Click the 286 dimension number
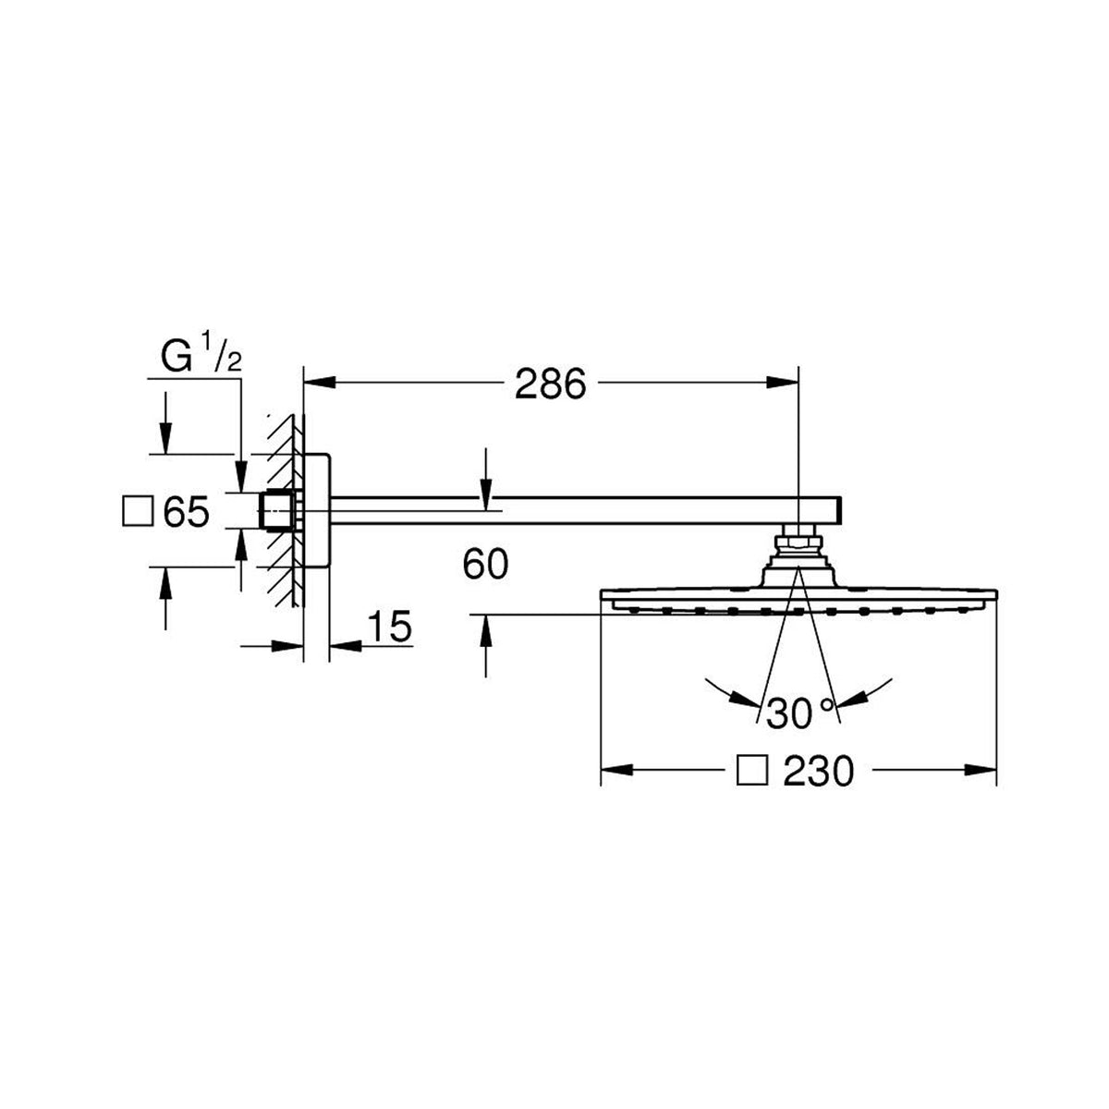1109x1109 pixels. (550, 384)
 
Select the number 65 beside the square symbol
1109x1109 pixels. (186, 512)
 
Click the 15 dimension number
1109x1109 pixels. (390, 626)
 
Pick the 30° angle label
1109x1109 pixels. (800, 713)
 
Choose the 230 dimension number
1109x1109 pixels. (819, 771)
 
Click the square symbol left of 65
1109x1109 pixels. (138, 512)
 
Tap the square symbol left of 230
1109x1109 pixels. (753, 771)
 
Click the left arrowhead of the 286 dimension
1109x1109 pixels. (320, 382)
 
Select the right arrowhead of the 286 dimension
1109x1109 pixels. (783, 382)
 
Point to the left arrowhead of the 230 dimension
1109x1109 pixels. (617, 770)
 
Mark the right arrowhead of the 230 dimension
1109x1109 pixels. (981, 770)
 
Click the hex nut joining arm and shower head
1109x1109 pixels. (798, 541)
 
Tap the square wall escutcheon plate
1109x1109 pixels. (317, 511)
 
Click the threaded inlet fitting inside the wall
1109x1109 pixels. (277, 510)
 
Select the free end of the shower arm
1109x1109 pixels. (841, 510)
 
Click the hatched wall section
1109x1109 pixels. (285, 510)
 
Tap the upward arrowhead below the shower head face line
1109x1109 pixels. (486, 631)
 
